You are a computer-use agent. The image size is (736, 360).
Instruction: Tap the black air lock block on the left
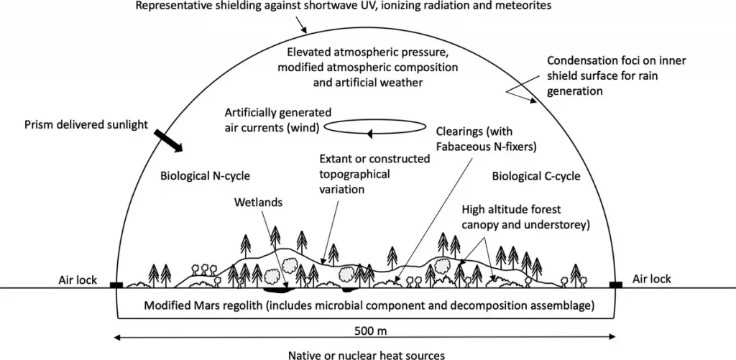tap(116, 285)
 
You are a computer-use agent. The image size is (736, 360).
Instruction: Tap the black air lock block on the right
tap(616, 285)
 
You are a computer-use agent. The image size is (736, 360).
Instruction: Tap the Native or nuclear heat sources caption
tap(366, 354)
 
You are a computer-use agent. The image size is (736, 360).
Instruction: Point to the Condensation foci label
tap(617, 76)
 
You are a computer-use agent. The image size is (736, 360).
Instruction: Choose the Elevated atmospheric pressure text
tap(369, 68)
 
